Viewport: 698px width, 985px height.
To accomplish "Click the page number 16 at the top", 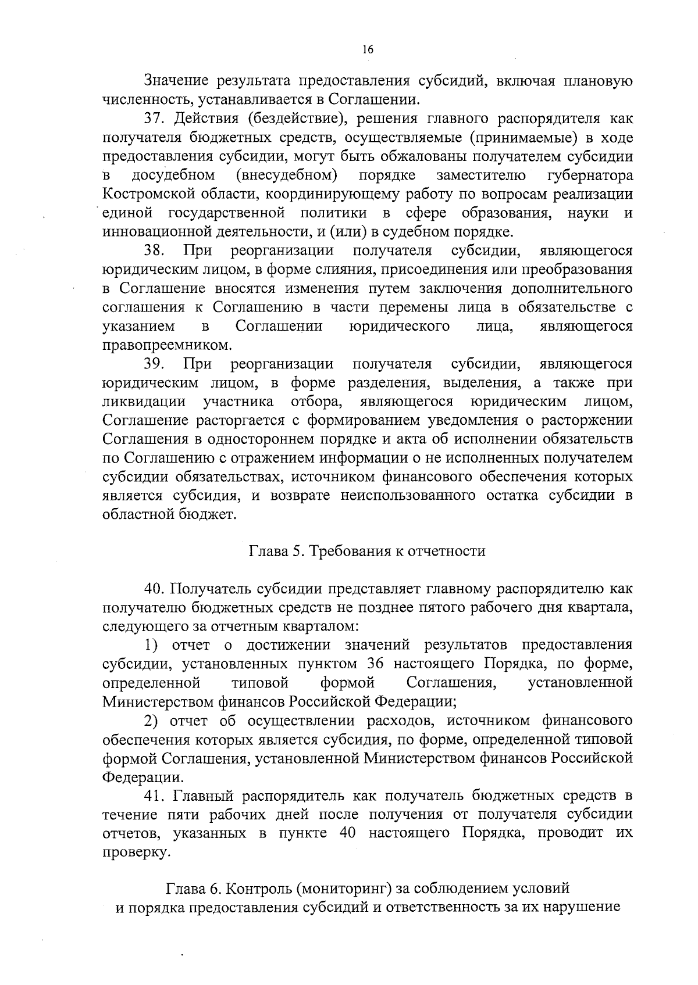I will [367, 50].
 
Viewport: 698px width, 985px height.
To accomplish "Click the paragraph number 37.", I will [155, 119].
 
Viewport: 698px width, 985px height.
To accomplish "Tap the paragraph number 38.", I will [155, 250].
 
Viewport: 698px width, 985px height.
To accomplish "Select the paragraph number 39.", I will [155, 364].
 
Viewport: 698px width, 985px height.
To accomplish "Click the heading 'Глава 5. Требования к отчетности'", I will [367, 550].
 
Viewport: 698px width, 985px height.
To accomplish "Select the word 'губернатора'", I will [590, 175].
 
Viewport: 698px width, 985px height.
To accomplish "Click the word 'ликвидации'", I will [144, 402].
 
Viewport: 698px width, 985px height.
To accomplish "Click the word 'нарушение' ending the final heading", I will [581, 908].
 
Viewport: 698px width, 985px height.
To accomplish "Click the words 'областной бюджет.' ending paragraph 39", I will [169, 514].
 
